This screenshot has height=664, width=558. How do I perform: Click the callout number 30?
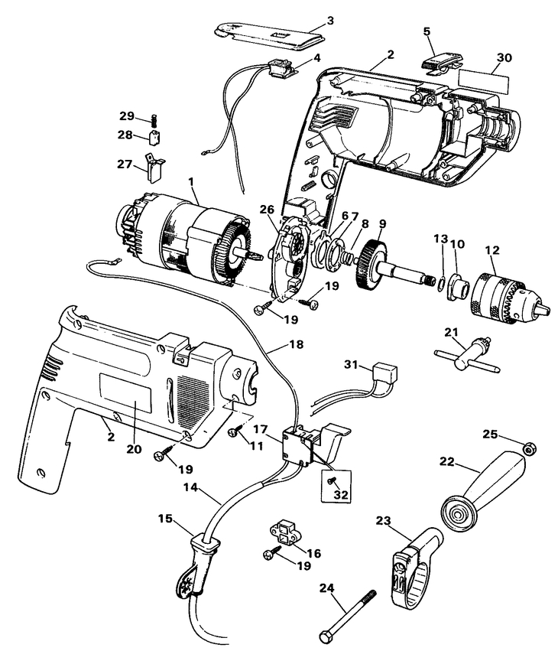[x=504, y=57]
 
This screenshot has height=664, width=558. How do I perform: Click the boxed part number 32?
[x=340, y=495]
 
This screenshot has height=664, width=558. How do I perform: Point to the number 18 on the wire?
[x=296, y=345]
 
